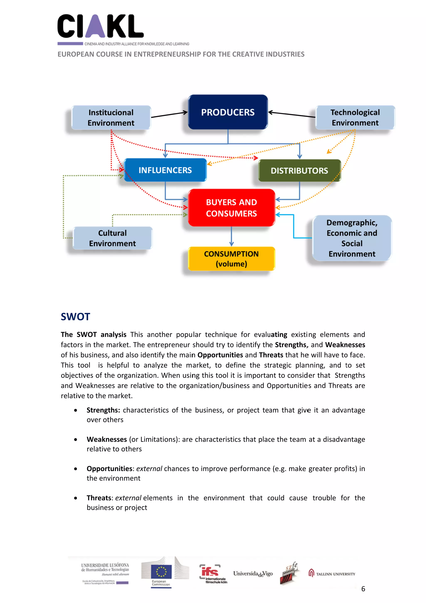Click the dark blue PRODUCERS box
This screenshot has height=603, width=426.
pos(228,112)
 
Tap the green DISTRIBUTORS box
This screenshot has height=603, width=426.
pos(299,171)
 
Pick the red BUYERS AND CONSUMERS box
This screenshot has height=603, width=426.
pos(231,208)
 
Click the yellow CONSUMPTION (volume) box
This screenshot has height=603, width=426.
pos(231,259)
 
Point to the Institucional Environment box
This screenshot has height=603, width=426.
pos(111,118)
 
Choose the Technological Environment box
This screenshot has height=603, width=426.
pos(355,117)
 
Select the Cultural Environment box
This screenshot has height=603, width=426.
pos(113,238)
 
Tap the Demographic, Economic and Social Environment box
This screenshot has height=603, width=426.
pos(352,238)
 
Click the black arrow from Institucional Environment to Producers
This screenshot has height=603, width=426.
pos(169,114)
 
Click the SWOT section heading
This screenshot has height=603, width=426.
pos(75,317)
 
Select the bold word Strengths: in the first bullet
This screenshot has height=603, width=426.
pos(103,410)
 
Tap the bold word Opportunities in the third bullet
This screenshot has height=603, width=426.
pos(109,469)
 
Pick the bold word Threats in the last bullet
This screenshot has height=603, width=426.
pos(99,498)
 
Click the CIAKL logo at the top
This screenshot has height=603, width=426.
pos(100,26)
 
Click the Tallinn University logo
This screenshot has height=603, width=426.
pos(332,574)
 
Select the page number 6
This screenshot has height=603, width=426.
pos(363,589)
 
